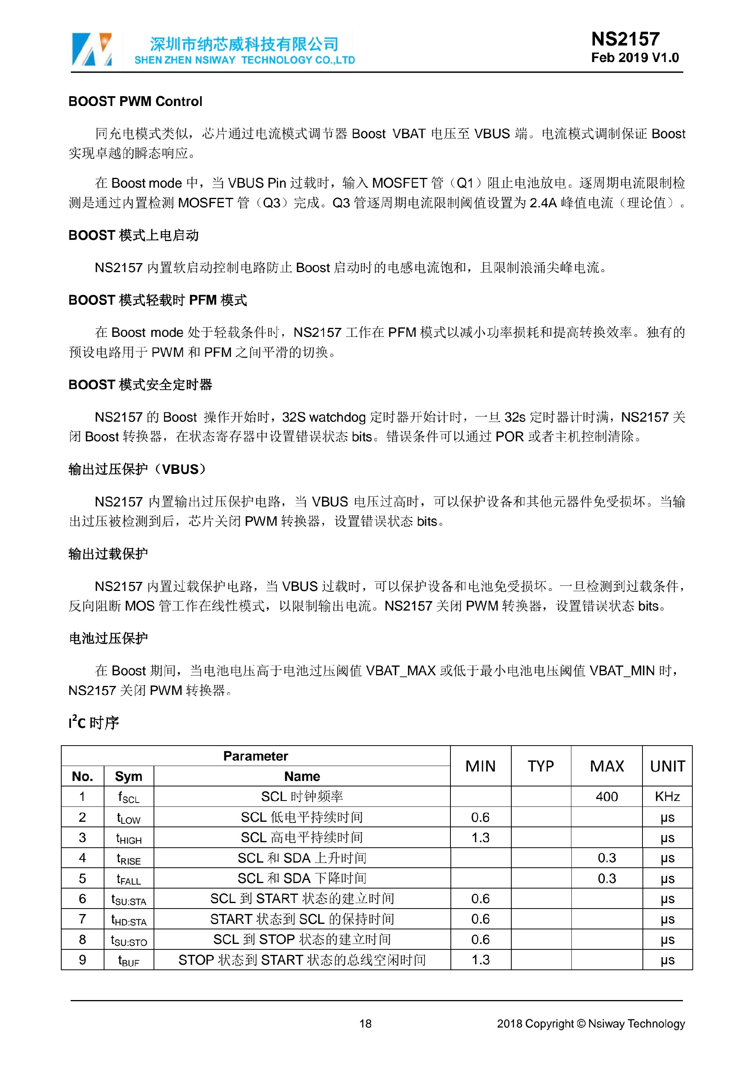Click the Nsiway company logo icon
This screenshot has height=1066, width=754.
92,49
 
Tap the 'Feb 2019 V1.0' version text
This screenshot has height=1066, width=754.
635,58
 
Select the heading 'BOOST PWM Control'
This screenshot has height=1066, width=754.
135,101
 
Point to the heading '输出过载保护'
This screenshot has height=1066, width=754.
108,554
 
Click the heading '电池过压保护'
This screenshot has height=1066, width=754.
108,638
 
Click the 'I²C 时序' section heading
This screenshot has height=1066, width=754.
94,723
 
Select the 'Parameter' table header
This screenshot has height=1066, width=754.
255,756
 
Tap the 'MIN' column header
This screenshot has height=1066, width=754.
481,766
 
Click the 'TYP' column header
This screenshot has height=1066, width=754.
541,766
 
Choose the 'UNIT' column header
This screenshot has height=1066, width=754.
667,766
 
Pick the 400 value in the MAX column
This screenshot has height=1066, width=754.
607,797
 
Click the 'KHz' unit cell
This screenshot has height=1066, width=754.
667,797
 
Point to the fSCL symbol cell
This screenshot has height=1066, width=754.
128,797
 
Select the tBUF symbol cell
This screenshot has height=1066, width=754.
128,960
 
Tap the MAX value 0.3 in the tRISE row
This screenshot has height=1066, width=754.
607,858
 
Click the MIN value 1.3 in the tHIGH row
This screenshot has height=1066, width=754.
481,837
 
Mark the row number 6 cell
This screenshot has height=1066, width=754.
82,899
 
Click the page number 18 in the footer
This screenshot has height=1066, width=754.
365,1024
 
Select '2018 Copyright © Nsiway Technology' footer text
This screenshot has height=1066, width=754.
591,1024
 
